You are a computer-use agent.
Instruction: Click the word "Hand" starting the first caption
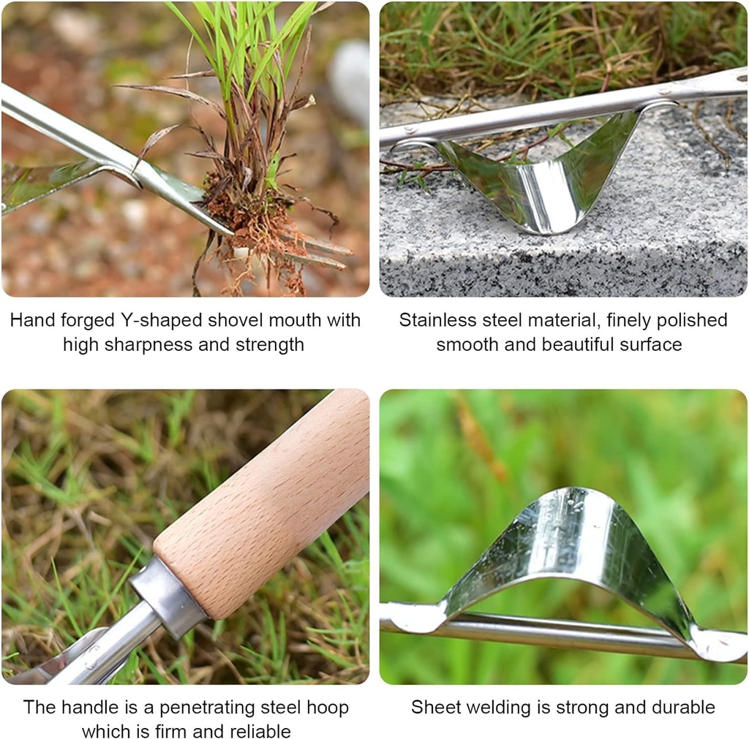click(32, 321)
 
